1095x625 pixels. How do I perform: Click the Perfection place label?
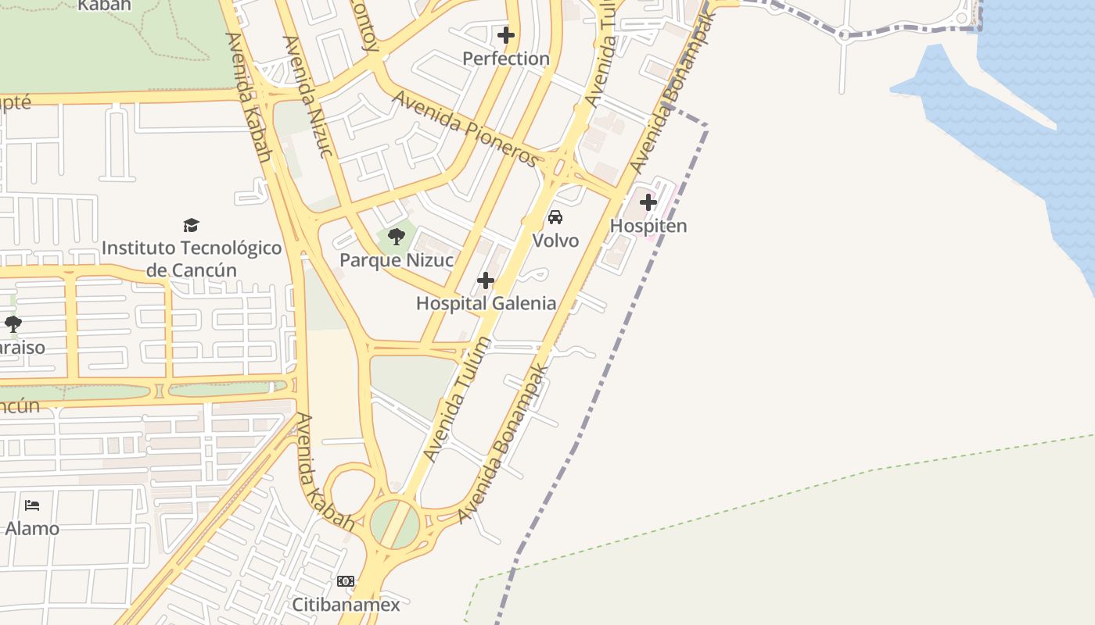tap(506, 59)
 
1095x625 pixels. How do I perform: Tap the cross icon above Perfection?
tap(506, 35)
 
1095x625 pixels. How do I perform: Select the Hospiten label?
tap(648, 226)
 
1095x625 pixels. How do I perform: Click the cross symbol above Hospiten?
tap(648, 203)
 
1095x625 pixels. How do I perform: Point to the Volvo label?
tap(555, 241)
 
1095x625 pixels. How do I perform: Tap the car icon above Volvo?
tap(555, 217)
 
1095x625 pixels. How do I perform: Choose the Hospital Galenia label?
tap(486, 303)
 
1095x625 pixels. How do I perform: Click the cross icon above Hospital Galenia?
tap(486, 280)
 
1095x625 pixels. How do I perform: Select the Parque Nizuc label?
tap(397, 260)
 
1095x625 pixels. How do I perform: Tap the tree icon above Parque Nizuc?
tap(397, 236)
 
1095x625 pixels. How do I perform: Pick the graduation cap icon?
tap(192, 226)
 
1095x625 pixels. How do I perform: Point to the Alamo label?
tap(32, 529)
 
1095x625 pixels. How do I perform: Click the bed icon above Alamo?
tap(32, 505)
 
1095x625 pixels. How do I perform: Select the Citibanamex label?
tap(346, 605)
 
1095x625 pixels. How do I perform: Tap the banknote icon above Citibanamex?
tap(346, 581)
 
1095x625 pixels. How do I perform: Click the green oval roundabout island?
tap(395, 523)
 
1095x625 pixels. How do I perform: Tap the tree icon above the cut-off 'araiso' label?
tap(13, 323)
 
